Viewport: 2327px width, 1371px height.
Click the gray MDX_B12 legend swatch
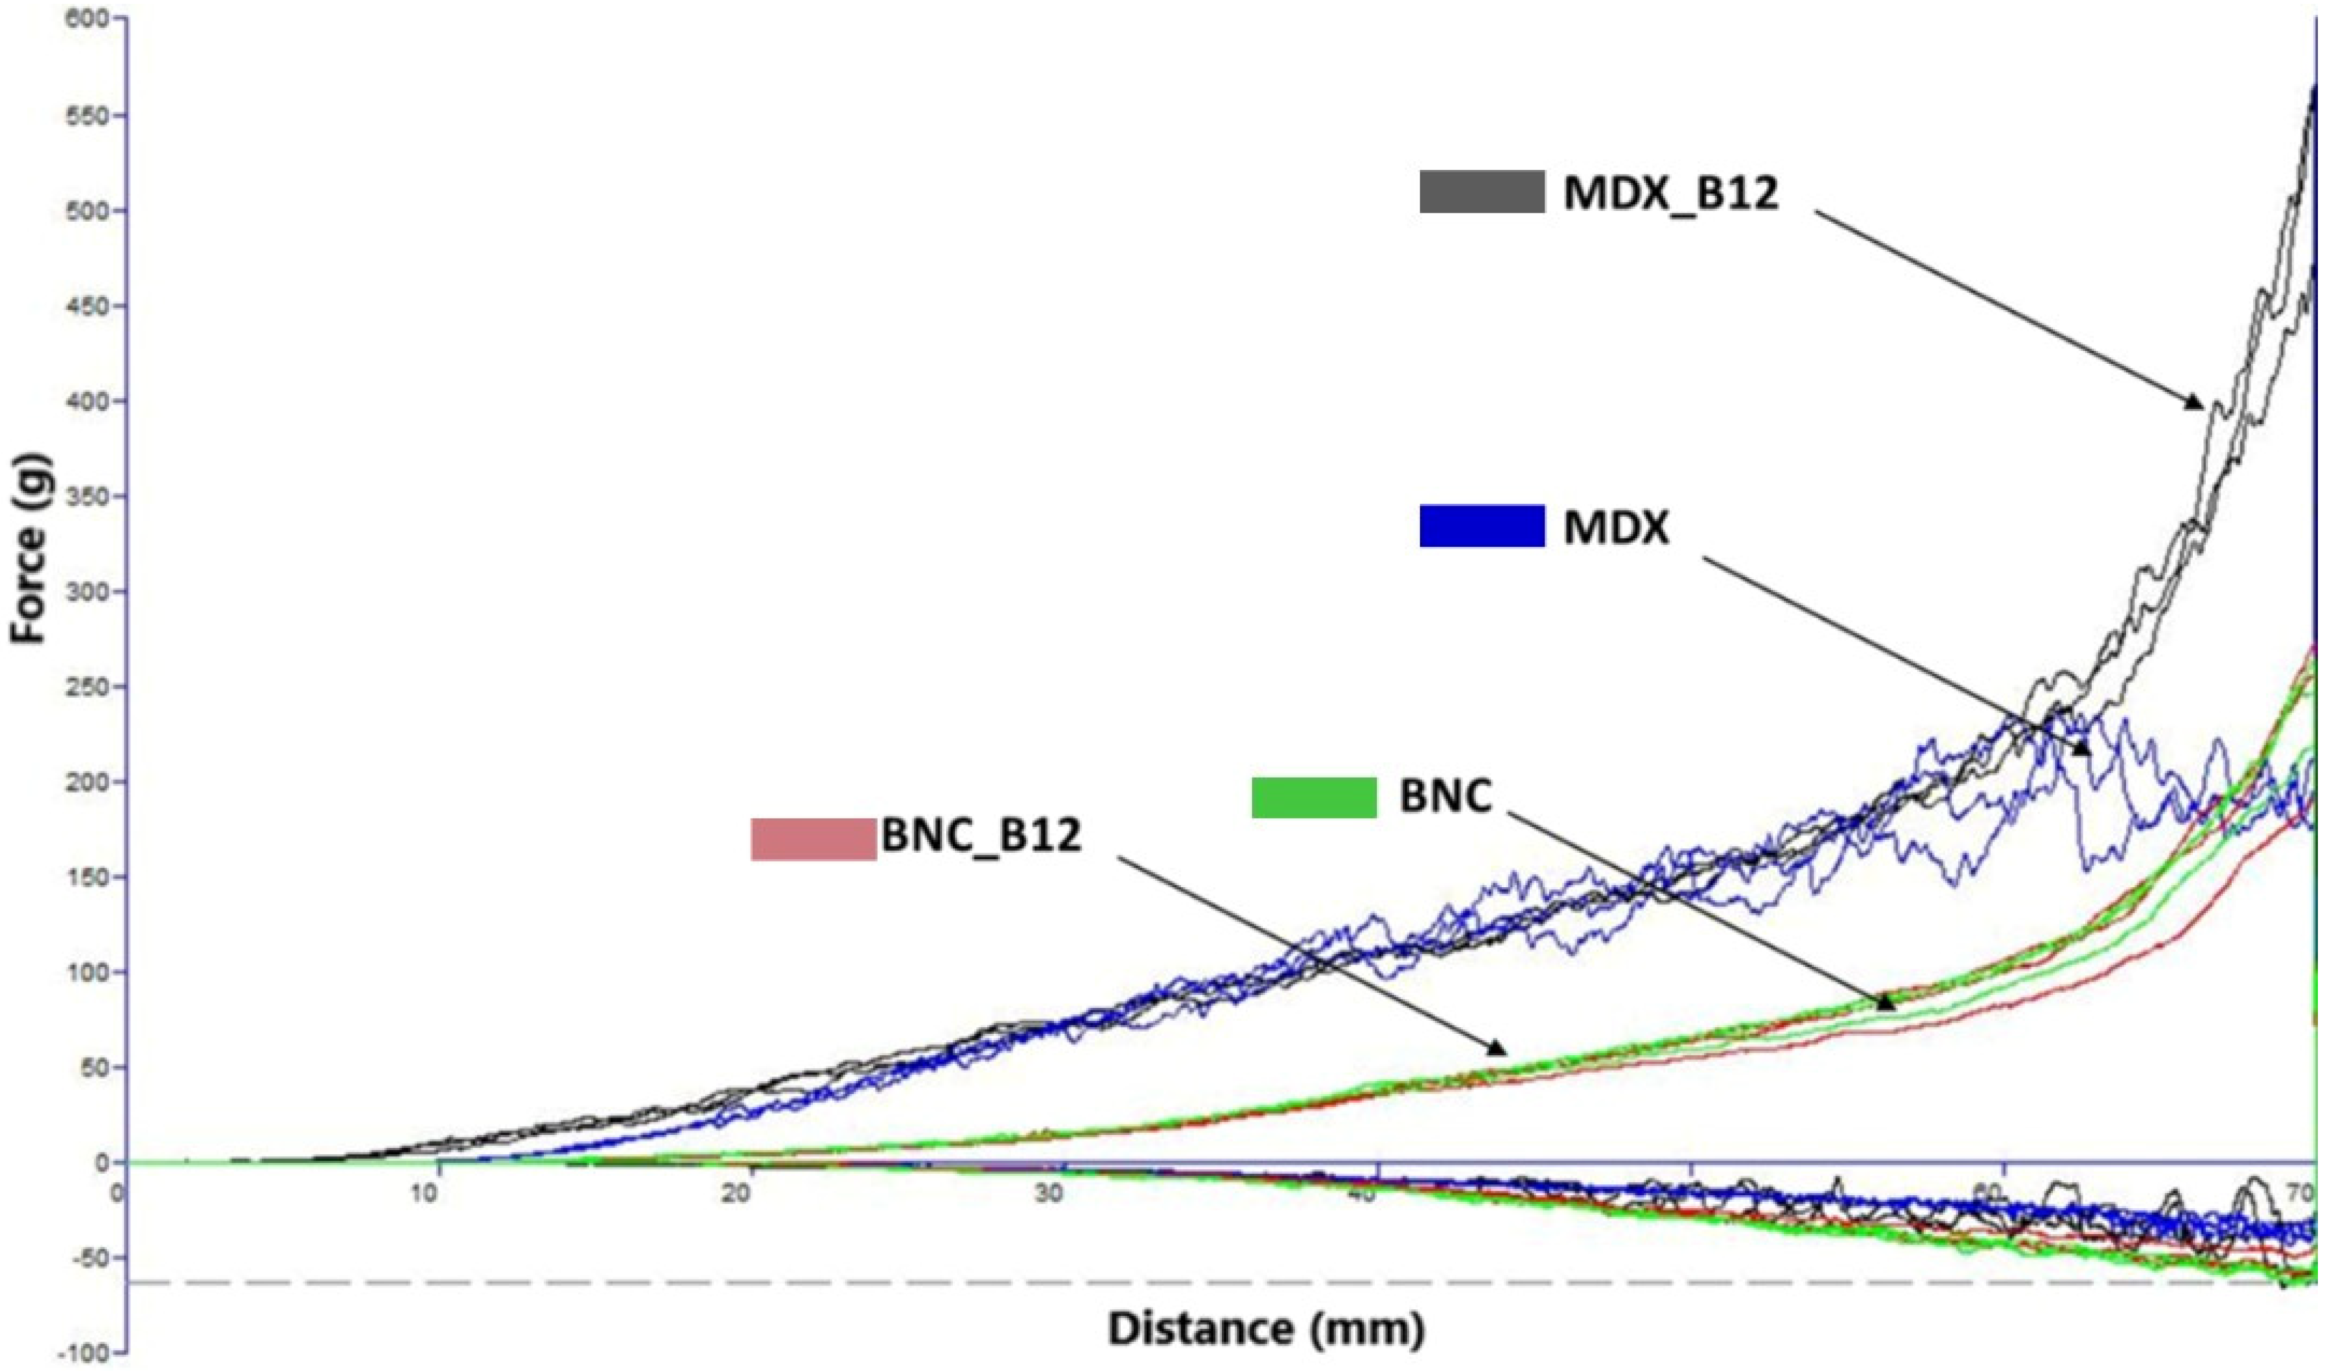click(1481, 192)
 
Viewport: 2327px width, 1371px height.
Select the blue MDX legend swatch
click(1481, 526)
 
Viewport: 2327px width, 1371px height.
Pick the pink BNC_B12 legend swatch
click(813, 839)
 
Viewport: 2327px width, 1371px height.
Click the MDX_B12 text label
click(1670, 194)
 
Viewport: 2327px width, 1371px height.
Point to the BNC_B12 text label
click(981, 836)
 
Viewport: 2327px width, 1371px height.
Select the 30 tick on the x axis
click(1049, 1192)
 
